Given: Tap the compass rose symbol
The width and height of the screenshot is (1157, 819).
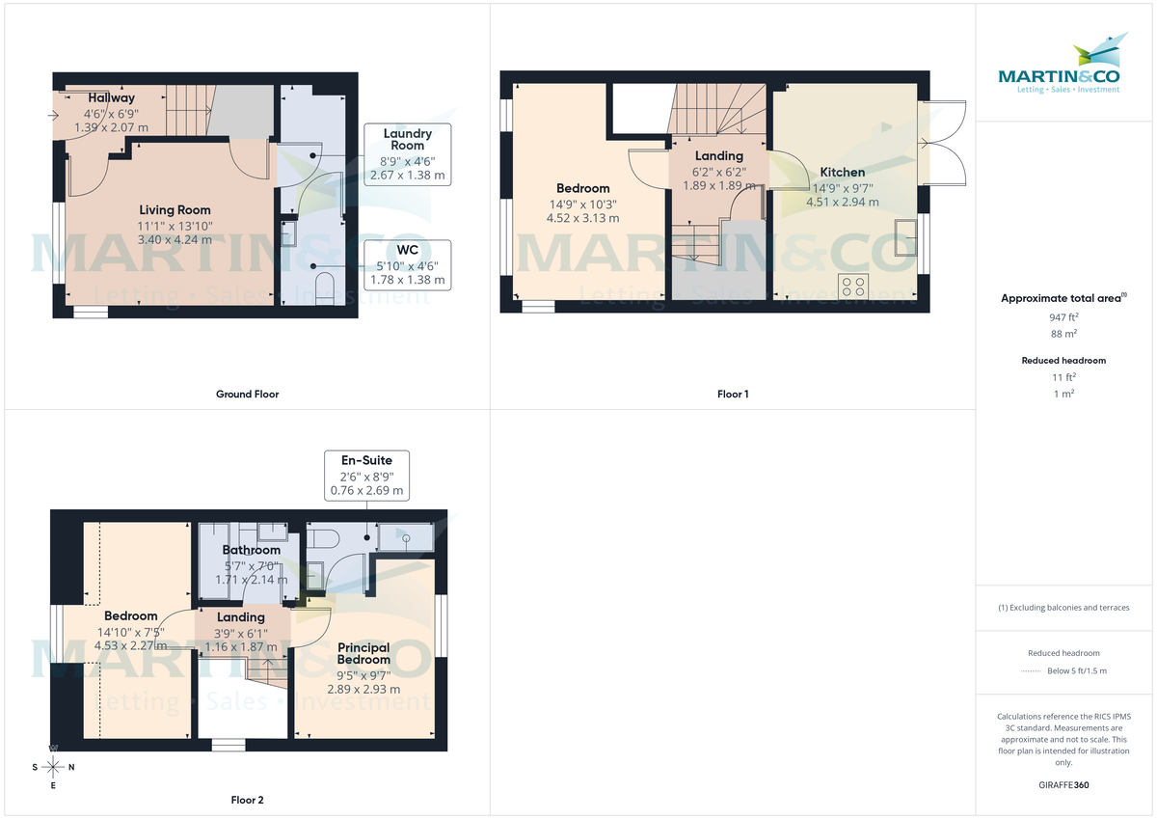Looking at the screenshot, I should (x=53, y=767).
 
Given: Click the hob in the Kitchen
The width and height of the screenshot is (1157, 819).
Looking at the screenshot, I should (x=853, y=286).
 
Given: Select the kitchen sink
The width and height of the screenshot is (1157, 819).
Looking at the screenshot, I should (x=905, y=236).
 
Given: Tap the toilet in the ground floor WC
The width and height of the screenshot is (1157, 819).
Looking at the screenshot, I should (x=325, y=288).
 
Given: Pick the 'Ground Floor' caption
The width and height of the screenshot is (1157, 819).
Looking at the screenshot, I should (x=247, y=394).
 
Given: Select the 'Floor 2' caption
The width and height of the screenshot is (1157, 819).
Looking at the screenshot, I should (x=247, y=800).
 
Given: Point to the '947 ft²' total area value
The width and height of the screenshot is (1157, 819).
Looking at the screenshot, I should (x=1063, y=316).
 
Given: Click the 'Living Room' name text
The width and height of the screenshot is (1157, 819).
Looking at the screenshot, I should (x=175, y=210).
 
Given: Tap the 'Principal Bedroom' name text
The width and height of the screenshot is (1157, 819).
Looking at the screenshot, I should (x=363, y=654).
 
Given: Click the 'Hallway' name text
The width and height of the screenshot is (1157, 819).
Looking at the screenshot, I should (x=111, y=98).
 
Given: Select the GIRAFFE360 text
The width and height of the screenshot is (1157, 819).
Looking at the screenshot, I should (x=1063, y=785).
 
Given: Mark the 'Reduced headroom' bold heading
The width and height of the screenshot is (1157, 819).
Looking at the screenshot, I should (x=1063, y=361).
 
